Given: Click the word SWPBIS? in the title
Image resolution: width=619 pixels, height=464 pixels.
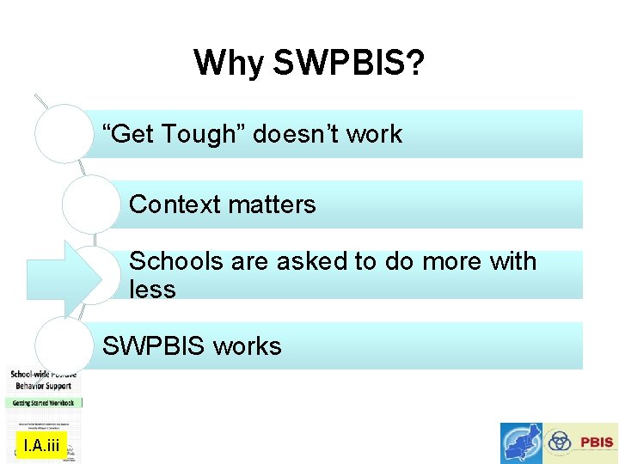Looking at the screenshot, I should [x=348, y=63].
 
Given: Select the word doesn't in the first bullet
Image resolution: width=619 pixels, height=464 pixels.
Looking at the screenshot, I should [x=293, y=134].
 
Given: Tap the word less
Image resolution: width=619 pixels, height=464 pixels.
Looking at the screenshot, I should [x=152, y=290].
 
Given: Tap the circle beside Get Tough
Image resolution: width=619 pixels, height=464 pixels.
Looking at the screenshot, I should [x=63, y=133].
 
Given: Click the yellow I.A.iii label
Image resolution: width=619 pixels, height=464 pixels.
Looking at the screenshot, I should [x=40, y=445].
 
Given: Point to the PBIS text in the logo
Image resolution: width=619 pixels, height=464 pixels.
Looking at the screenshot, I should [x=597, y=443].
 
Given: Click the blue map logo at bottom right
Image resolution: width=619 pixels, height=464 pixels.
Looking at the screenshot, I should [x=522, y=443].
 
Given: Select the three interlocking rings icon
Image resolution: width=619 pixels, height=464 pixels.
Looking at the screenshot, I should [x=561, y=443].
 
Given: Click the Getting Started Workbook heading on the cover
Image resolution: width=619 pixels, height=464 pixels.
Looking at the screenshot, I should [x=43, y=402].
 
